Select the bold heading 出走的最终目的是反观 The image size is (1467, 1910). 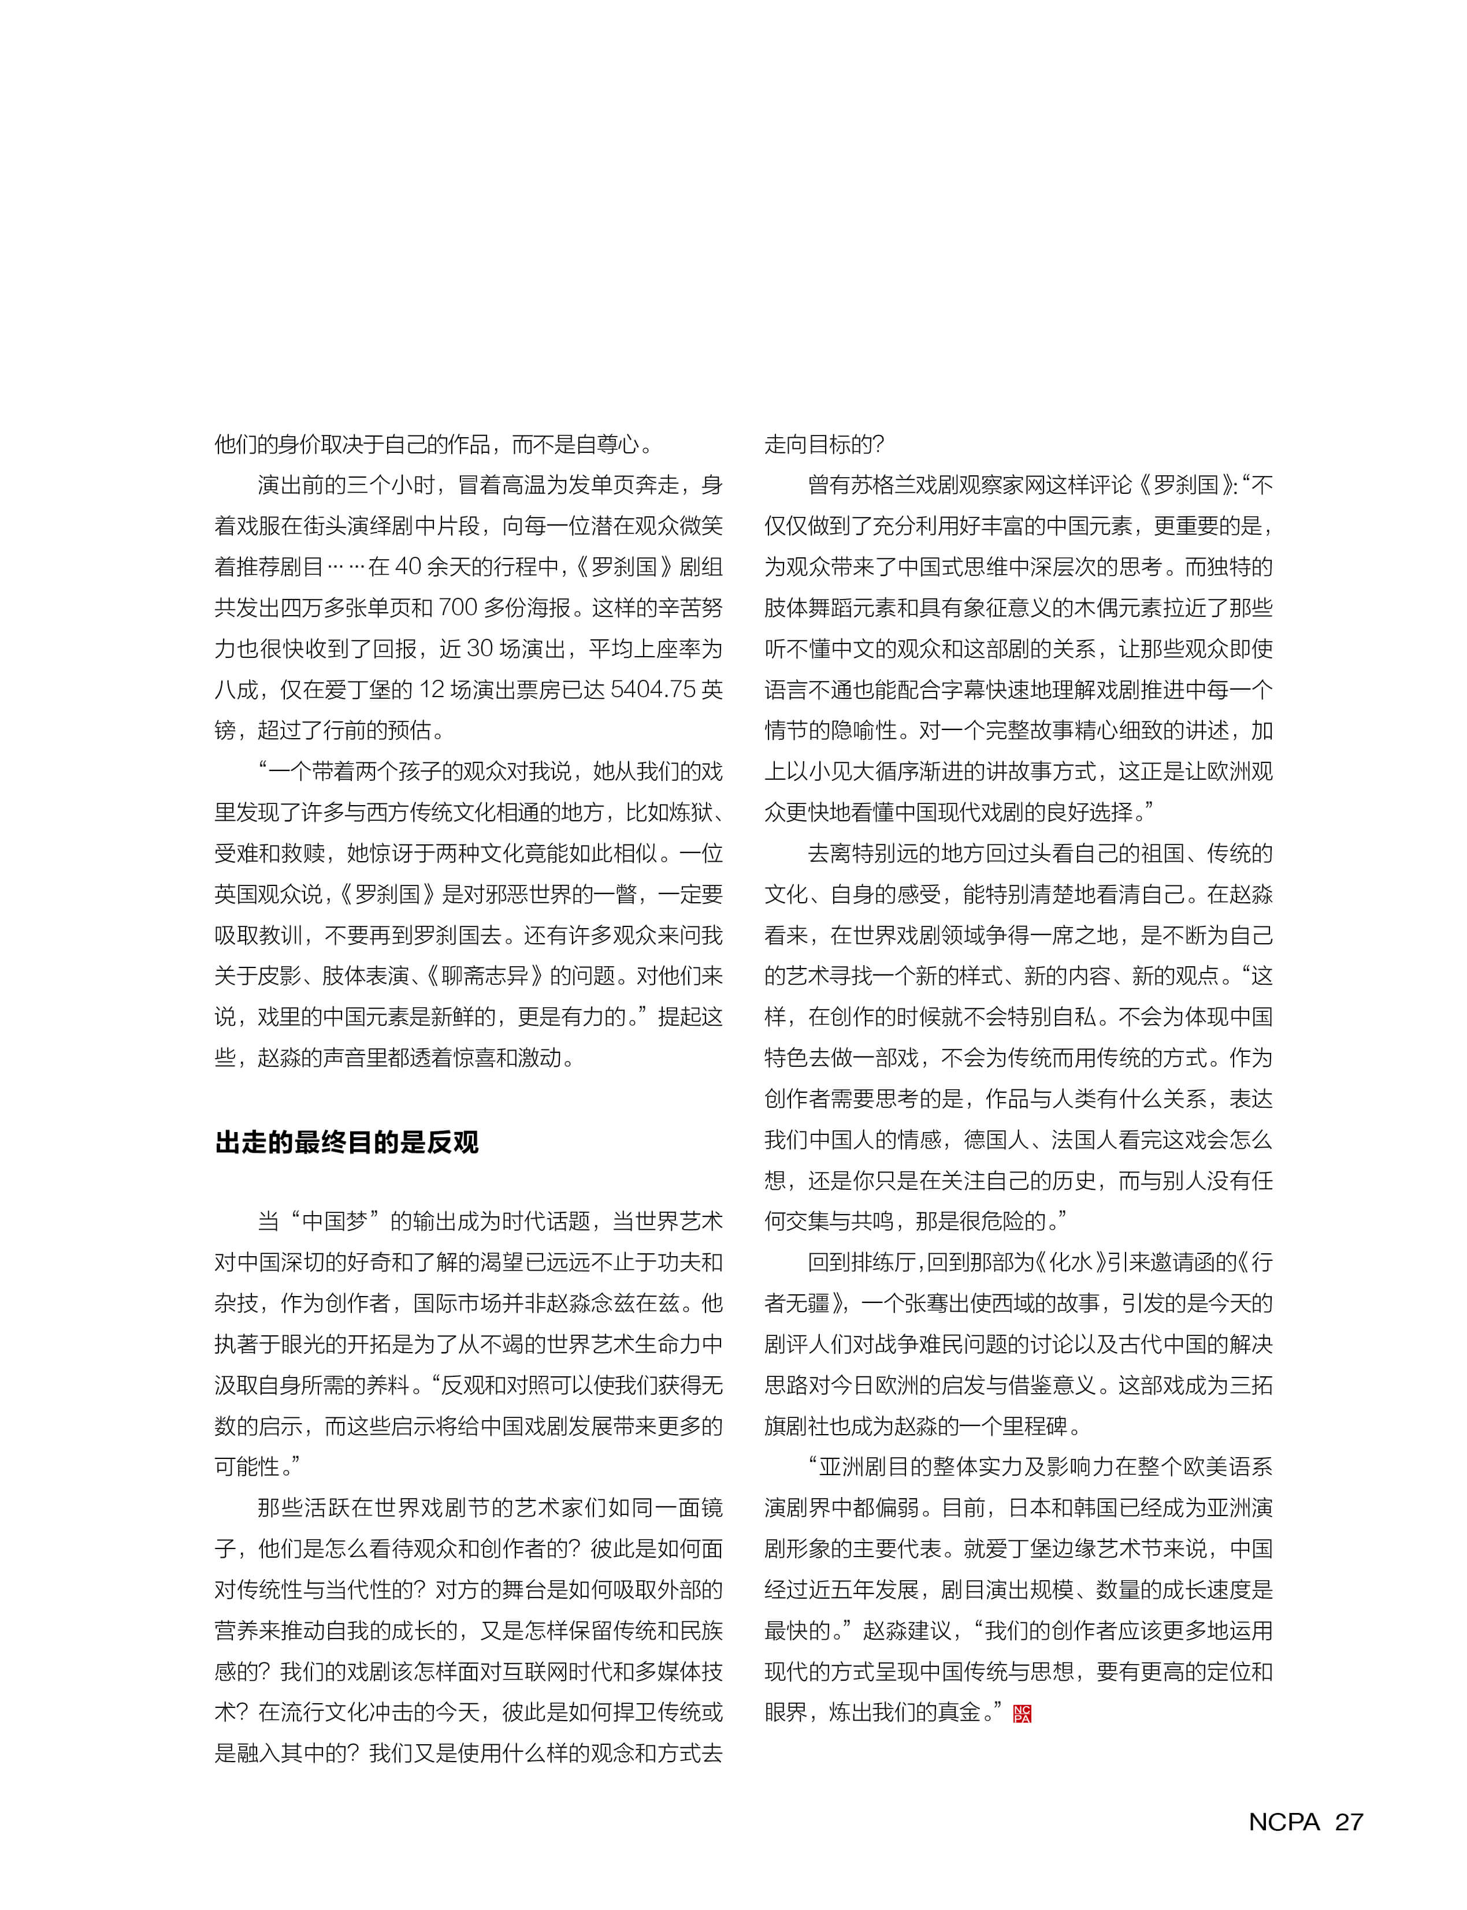[x=347, y=1142]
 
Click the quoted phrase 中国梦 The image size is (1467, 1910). [x=335, y=1221]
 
